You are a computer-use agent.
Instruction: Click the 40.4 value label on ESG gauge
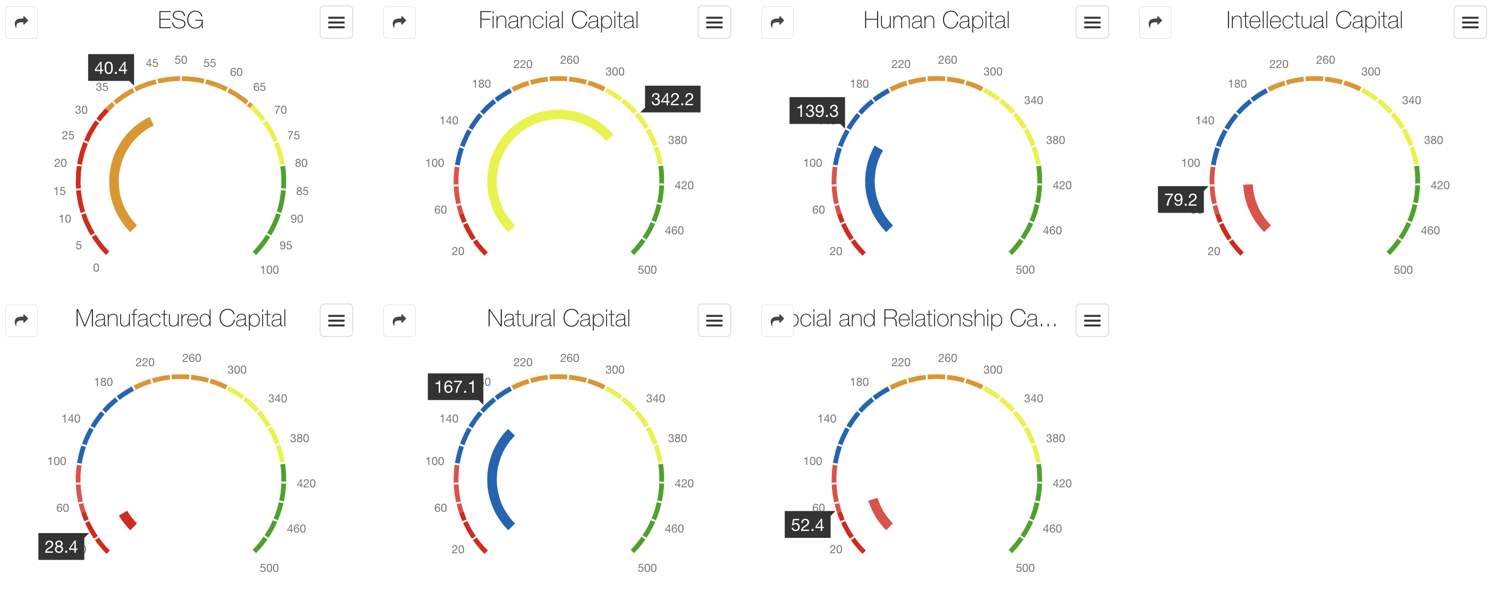click(x=111, y=68)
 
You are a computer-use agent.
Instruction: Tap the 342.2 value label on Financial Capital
click(x=672, y=99)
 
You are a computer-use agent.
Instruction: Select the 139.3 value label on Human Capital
click(x=817, y=111)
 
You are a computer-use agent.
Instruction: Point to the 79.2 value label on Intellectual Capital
click(x=1180, y=200)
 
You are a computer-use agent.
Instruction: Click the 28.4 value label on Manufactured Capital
click(x=61, y=547)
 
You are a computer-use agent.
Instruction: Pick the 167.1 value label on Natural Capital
click(x=455, y=387)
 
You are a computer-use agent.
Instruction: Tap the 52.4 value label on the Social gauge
click(x=807, y=525)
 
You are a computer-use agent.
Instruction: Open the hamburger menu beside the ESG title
click(x=336, y=23)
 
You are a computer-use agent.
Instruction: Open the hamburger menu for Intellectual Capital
click(x=1470, y=23)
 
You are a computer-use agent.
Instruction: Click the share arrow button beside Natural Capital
click(x=399, y=320)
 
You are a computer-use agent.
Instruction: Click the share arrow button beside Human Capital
click(x=777, y=23)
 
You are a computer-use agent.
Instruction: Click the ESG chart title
click(x=181, y=21)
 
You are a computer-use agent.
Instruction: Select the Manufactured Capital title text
click(x=181, y=319)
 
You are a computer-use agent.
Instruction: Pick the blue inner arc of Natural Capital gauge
click(x=494, y=483)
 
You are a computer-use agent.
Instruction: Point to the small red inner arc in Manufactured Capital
click(x=128, y=520)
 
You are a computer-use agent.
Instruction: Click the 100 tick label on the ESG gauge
click(x=269, y=270)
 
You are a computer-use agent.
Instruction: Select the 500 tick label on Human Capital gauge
click(x=1025, y=270)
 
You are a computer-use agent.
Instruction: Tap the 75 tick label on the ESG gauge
click(x=293, y=136)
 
